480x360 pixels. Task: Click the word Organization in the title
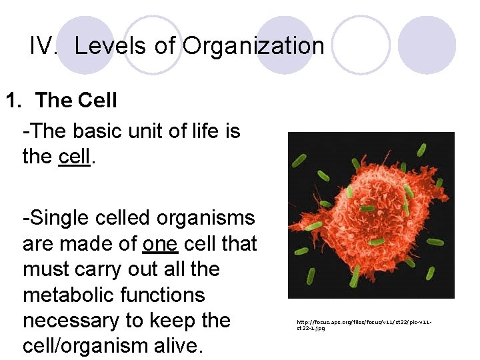(253, 46)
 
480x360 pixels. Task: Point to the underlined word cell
(74, 156)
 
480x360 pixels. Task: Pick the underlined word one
(160, 244)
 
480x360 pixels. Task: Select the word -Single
(55, 218)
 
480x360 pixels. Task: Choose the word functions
(169, 295)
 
